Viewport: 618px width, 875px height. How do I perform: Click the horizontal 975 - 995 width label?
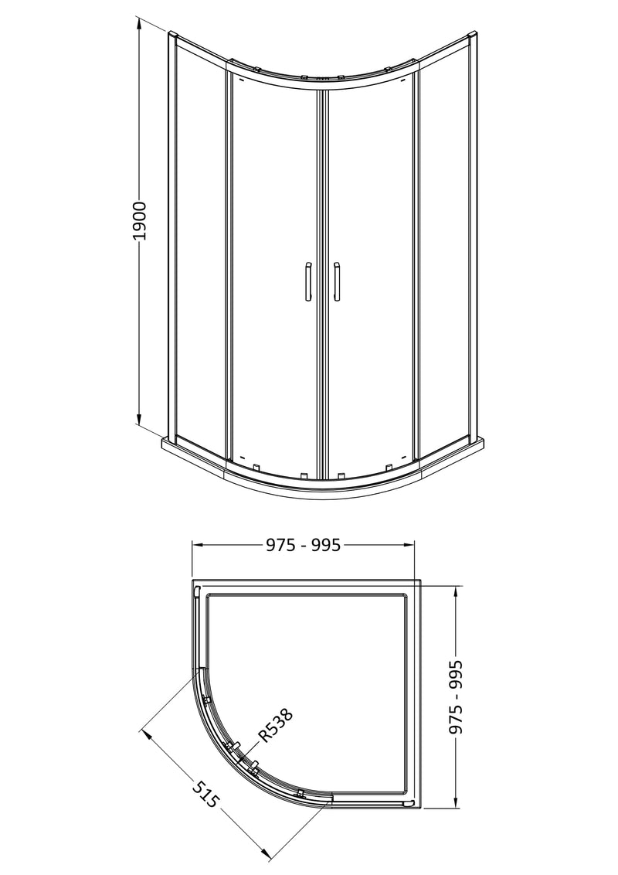(304, 545)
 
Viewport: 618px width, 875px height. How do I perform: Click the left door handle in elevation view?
(307, 281)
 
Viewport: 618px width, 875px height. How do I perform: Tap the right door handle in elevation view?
(336, 281)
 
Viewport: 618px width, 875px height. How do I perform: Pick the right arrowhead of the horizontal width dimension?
(416, 545)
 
